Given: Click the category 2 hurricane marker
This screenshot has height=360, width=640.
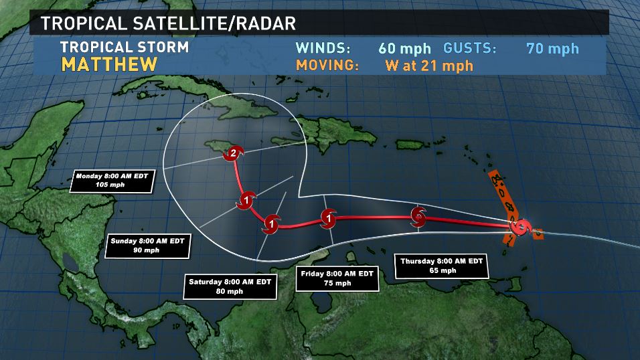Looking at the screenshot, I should coord(232,154).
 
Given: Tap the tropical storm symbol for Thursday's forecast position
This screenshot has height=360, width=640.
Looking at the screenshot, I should coord(418,215).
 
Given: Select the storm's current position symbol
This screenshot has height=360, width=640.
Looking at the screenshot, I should coord(520,227).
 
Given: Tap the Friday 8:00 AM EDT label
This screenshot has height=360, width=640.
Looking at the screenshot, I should coord(337,278).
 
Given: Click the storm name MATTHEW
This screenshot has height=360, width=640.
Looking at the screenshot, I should coord(109,65).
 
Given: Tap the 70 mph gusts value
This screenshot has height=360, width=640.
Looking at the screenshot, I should coord(552,48).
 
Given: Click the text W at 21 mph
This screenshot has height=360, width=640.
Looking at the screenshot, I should coord(429,66).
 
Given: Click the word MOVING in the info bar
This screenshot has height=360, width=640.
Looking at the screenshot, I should coord(328,66).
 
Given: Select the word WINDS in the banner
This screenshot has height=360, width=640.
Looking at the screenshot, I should coord(323,48).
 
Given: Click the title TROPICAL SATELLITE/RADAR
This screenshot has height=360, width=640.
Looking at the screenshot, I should coord(169,23).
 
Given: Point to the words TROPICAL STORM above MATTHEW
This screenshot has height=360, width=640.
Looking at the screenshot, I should coord(125,47).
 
